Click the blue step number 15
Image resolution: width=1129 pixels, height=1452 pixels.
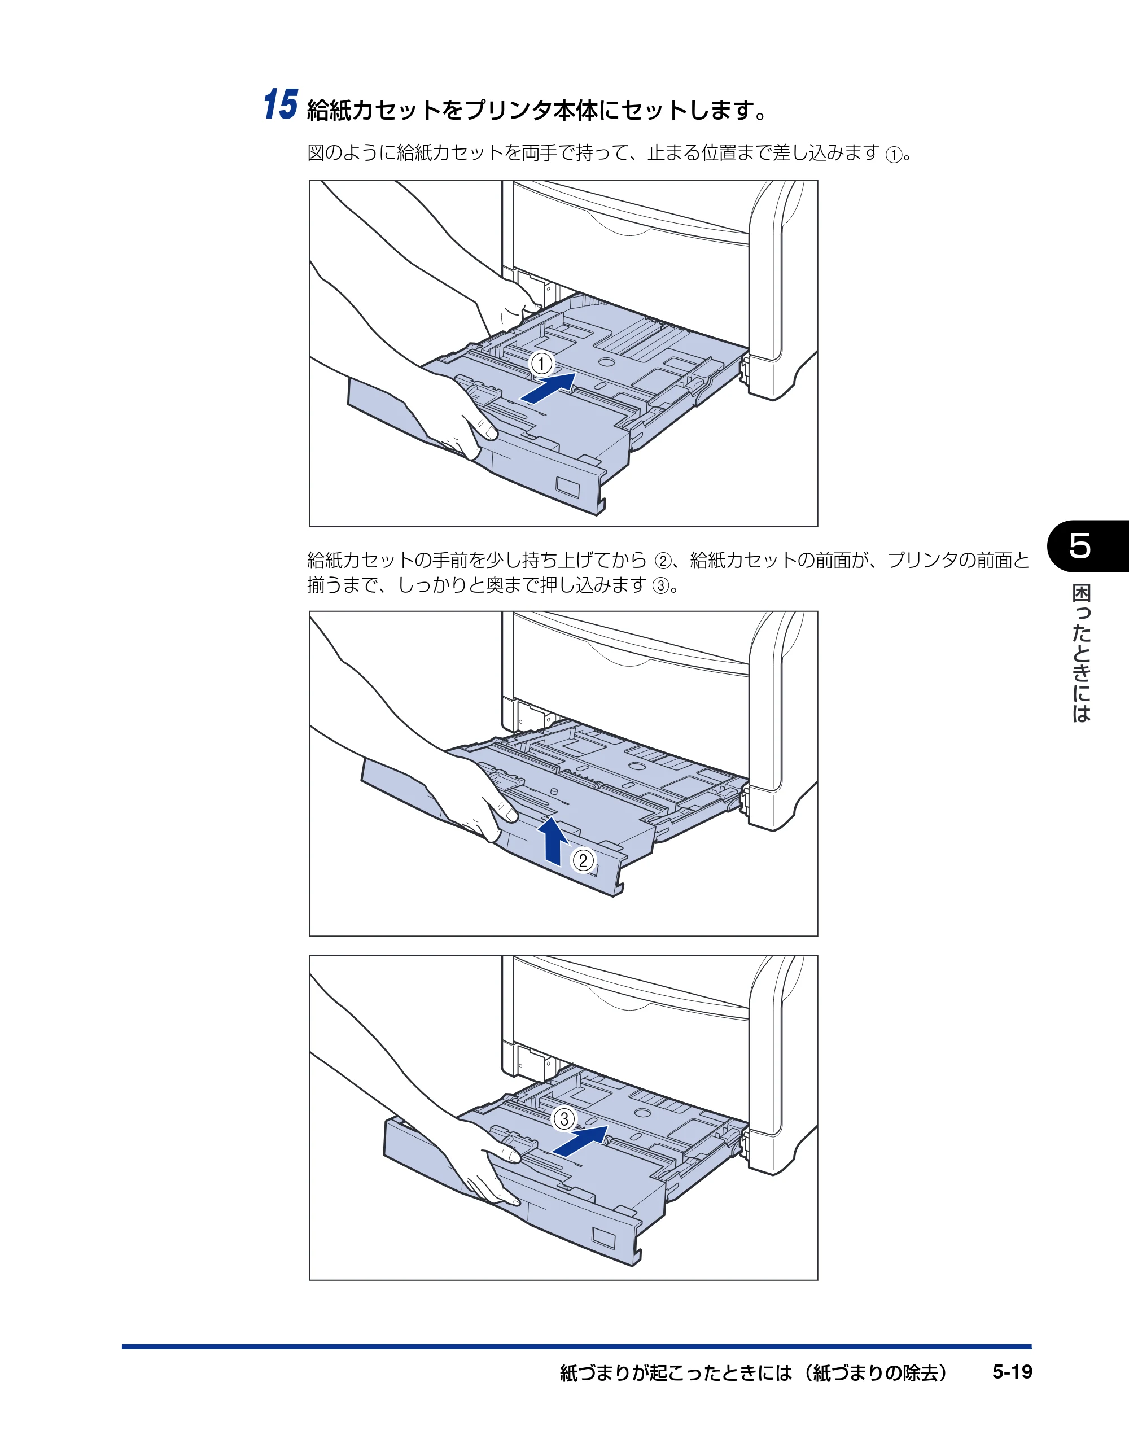pos(281,104)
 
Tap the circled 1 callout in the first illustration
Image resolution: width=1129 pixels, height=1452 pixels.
pos(541,364)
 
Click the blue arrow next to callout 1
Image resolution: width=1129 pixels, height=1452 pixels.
pos(548,388)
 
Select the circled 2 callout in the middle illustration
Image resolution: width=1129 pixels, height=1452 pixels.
pos(583,860)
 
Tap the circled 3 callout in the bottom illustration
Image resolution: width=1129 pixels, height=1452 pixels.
pos(564,1118)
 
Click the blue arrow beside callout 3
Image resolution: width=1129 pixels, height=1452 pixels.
pos(580,1141)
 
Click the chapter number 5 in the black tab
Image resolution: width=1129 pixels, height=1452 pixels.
pos(1080,545)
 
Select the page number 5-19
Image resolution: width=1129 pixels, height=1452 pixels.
pos(1012,1372)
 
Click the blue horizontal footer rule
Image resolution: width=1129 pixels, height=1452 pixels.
pos(576,1346)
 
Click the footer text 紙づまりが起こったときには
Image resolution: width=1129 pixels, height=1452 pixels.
pos(676,1372)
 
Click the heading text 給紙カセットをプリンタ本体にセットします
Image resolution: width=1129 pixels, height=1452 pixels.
pos(537,110)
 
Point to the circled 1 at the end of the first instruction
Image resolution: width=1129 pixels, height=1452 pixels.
pos(894,155)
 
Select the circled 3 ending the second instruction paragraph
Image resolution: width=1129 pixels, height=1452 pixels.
pos(660,587)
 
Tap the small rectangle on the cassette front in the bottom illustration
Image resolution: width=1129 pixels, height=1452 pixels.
pos(603,1238)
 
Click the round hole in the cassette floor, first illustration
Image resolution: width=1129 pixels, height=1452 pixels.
pos(606,362)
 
